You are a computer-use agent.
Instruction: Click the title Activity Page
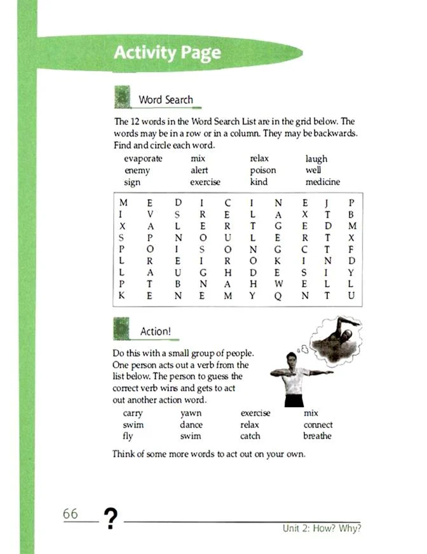click(x=167, y=52)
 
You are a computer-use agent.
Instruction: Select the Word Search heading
click(x=165, y=100)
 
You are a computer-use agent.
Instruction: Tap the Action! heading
click(x=156, y=331)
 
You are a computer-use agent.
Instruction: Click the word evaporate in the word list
click(x=144, y=159)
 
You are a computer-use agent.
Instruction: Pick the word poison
click(x=263, y=170)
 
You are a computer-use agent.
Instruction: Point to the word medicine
click(x=322, y=182)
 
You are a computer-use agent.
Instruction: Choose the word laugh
click(x=316, y=159)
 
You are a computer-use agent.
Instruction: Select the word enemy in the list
click(x=137, y=170)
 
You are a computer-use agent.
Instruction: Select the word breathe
click(x=318, y=436)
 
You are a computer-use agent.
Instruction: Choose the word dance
click(x=191, y=425)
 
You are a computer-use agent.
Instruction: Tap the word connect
click(x=318, y=425)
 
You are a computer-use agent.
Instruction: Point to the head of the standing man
click(x=292, y=359)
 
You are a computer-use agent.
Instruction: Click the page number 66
click(x=71, y=514)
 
